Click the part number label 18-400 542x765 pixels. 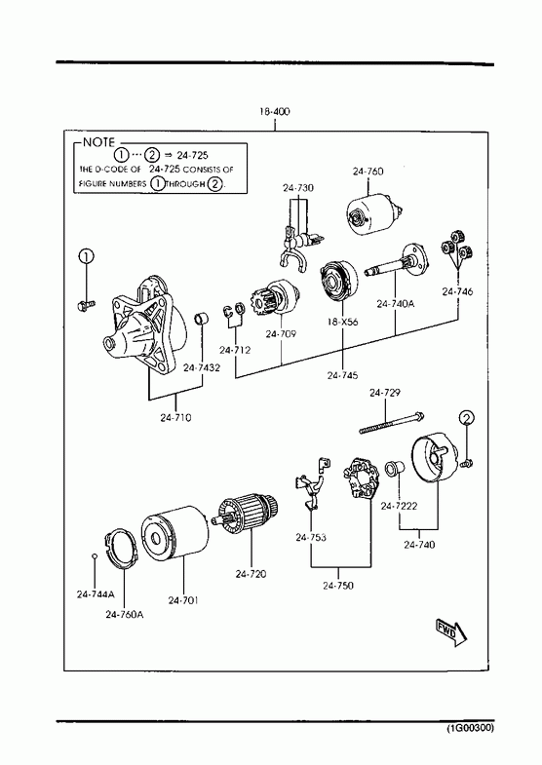274,111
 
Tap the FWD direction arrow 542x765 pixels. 450,632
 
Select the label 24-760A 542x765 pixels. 125,615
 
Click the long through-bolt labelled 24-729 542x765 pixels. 392,424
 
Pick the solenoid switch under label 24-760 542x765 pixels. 374,216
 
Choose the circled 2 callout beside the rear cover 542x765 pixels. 467,418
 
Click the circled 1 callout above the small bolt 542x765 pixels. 86,256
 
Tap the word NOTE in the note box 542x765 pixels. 98,142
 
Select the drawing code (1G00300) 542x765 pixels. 470,728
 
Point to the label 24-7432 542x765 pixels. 202,367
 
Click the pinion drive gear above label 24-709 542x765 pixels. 274,298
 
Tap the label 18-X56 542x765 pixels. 342,322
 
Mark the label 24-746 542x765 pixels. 457,291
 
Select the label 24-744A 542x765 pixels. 96,594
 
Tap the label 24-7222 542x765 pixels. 399,507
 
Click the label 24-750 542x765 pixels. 338,586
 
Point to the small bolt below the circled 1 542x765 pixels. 86,305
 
